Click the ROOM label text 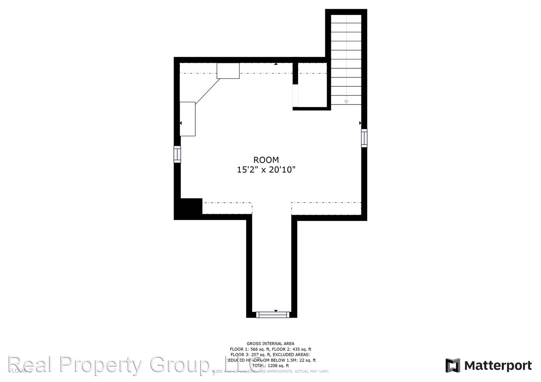coord(266,160)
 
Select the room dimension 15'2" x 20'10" coord(266,170)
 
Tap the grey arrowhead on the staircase coord(346,102)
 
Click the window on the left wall coord(177,154)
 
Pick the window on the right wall coord(364,138)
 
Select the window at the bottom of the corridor coord(272,314)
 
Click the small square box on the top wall coord(228,71)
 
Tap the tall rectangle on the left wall coord(187,119)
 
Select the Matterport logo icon coord(452,365)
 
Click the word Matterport coord(498,365)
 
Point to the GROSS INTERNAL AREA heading coord(270,343)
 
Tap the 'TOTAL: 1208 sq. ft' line coord(270,366)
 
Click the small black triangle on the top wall coord(276,64)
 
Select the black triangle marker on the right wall coord(360,123)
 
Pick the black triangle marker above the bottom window coord(276,311)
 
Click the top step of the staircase coord(346,19)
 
